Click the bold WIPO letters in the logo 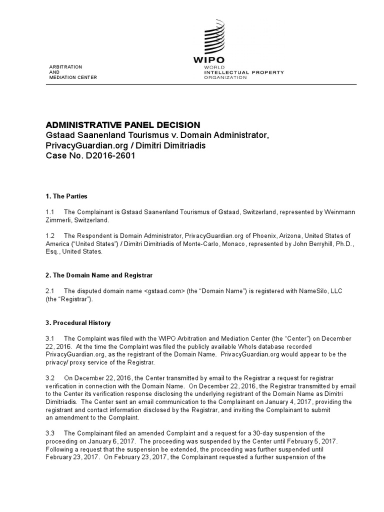[x=210, y=61]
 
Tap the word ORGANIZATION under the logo [x=224, y=78]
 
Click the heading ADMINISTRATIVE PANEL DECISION [x=123, y=124]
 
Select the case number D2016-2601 [x=110, y=155]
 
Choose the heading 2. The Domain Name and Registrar [x=99, y=275]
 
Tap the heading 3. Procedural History [x=78, y=323]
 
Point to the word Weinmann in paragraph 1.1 [x=339, y=212]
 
